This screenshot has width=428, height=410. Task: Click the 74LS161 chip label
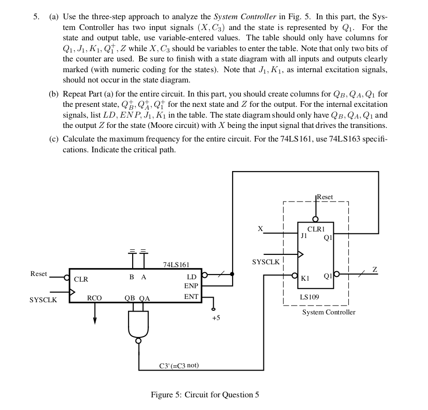click(176, 265)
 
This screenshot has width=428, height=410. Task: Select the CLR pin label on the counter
click(81, 279)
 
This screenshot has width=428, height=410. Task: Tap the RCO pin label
click(94, 298)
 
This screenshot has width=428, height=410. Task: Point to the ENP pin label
click(191, 286)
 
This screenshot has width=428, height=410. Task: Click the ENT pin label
click(191, 297)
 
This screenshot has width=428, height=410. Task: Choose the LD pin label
click(192, 277)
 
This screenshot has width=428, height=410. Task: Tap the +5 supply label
click(216, 318)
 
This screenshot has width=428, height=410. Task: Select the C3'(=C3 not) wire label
click(179, 365)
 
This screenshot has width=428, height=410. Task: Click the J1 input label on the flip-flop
click(304, 236)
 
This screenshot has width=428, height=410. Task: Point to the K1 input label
click(305, 278)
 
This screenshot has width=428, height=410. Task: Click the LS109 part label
click(309, 297)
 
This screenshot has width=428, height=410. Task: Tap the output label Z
click(374, 269)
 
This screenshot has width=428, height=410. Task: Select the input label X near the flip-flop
click(260, 229)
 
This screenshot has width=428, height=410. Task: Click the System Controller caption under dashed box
click(329, 312)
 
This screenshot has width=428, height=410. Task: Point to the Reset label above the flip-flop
click(325, 197)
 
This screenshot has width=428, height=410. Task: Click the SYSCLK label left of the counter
click(43, 300)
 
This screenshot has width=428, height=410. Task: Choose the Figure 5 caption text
click(205, 395)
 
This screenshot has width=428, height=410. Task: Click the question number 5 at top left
click(36, 16)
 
